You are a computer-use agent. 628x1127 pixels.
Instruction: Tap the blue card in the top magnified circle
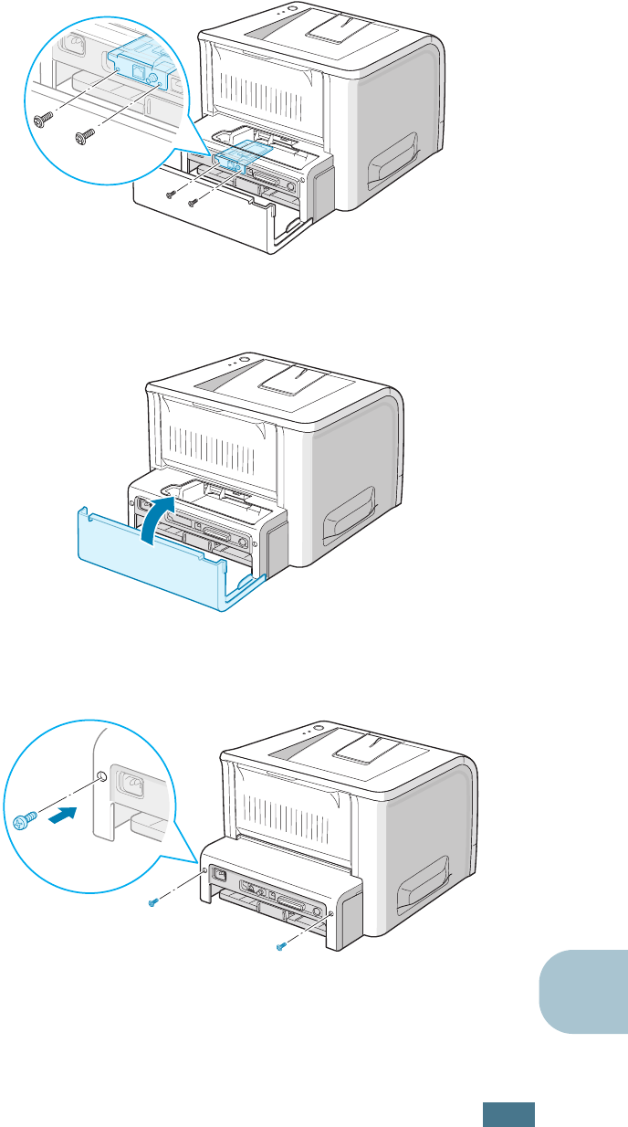[138, 64]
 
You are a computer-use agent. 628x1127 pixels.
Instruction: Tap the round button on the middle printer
[246, 359]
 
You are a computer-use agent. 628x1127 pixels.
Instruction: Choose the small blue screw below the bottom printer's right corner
[281, 947]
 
